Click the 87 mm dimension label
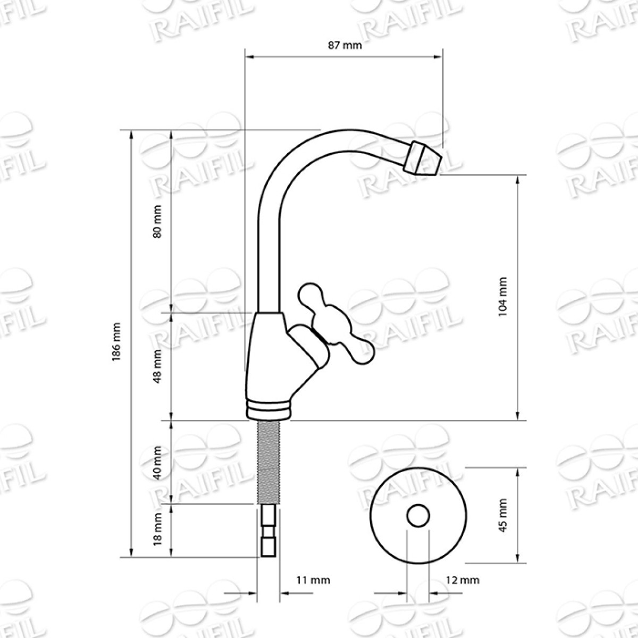tap(345, 45)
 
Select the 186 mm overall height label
tap(117, 342)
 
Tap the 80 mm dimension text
tap(157, 221)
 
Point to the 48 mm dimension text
tap(157, 366)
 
